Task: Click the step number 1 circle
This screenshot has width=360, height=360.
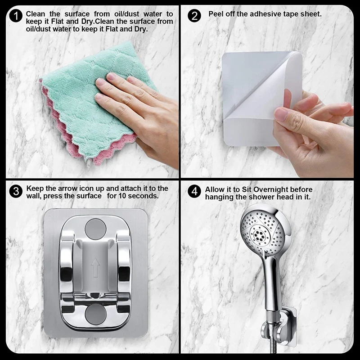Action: tap(16, 16)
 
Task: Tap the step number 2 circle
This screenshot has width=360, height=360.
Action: tap(194, 16)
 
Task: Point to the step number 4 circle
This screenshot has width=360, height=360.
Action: tap(194, 192)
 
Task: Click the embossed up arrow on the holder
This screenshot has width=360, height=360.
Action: tap(95, 267)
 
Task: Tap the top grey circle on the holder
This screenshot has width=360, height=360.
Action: tap(95, 229)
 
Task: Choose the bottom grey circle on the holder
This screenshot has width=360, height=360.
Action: tap(95, 314)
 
